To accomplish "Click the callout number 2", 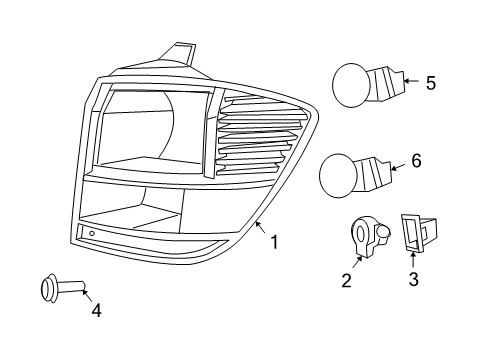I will coord(347,281).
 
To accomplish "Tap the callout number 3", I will coord(413,279).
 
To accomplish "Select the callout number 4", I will coord(96,310).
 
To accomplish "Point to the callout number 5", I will coord(430,83).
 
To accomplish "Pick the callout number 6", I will coord(417,161).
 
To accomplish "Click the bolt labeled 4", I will coord(59,290).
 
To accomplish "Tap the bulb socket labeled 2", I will coord(365,238).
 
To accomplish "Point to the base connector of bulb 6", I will coord(376,173).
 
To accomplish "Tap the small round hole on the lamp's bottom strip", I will coord(91,234).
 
